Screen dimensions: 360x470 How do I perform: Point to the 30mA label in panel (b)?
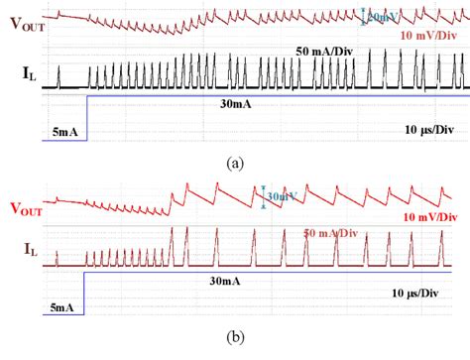227,281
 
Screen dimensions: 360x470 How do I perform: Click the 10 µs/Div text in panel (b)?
422,295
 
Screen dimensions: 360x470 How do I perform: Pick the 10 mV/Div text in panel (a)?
427,35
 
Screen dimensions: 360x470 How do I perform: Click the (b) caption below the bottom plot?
234,337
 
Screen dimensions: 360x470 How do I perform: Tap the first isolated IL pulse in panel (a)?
58,77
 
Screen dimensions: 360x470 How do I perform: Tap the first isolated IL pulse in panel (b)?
57,259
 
